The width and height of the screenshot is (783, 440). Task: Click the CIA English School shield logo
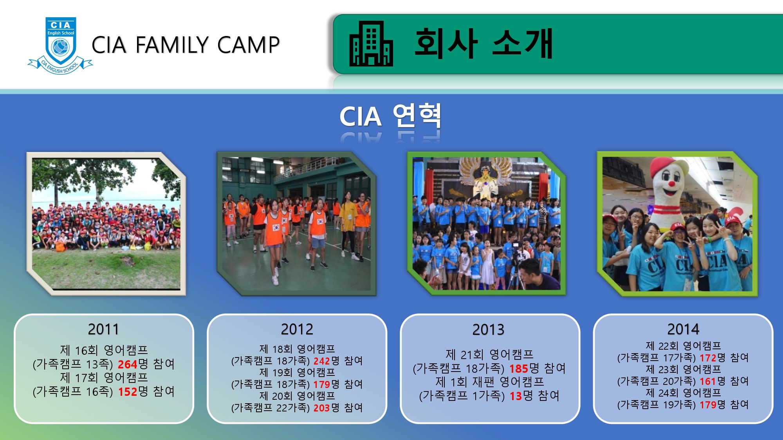click(x=60, y=45)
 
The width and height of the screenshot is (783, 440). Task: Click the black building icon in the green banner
click(x=371, y=43)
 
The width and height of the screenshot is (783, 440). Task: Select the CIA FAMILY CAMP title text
click(x=186, y=45)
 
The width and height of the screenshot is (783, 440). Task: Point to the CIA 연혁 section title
click(x=390, y=116)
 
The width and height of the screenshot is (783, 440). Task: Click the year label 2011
click(x=103, y=329)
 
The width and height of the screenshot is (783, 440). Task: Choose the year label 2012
click(x=297, y=329)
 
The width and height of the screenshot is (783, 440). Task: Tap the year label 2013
click(x=488, y=330)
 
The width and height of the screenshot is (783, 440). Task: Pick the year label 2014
click(x=683, y=329)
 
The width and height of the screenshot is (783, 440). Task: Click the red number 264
click(x=128, y=364)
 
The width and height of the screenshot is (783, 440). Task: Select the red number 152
click(x=128, y=392)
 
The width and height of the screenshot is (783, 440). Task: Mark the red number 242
click(x=321, y=361)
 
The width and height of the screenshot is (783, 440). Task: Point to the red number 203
click(x=321, y=408)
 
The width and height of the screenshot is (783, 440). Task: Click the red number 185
click(x=519, y=368)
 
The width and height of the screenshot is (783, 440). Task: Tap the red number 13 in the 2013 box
click(x=516, y=396)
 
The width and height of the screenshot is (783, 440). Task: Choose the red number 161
click(x=707, y=381)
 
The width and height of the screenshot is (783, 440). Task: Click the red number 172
click(x=708, y=358)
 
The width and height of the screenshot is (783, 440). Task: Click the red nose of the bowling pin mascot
click(x=671, y=183)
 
